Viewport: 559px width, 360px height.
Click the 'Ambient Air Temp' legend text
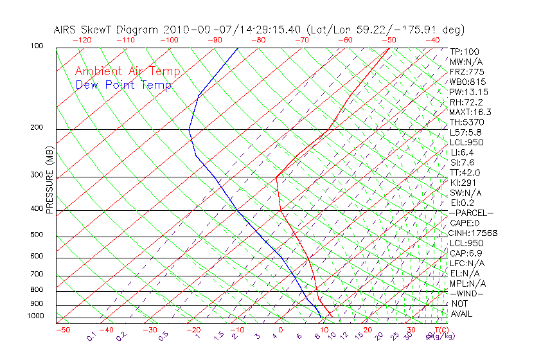click(x=127, y=72)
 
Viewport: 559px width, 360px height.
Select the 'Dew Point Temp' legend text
click(x=123, y=85)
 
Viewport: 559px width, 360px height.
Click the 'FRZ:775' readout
click(x=467, y=71)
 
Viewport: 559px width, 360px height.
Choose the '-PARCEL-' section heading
click(x=471, y=213)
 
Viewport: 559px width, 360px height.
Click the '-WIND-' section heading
click(x=466, y=293)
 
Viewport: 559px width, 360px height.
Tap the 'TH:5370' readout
click(x=467, y=122)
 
